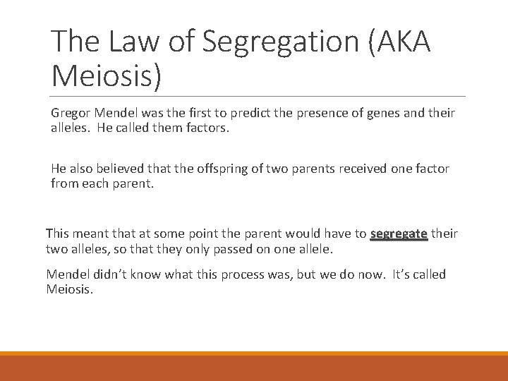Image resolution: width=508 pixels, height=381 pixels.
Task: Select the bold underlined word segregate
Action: pos(399,233)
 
